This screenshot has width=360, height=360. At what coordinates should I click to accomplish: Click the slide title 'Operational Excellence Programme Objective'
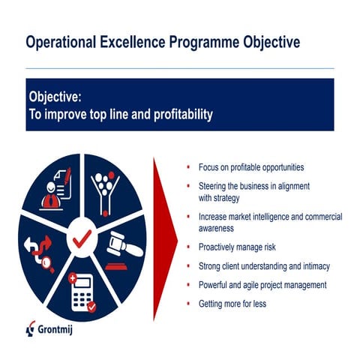tap(163, 42)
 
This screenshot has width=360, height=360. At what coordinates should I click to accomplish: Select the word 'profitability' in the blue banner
tap(175, 115)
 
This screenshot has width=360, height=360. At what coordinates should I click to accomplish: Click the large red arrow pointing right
tap(163, 240)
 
